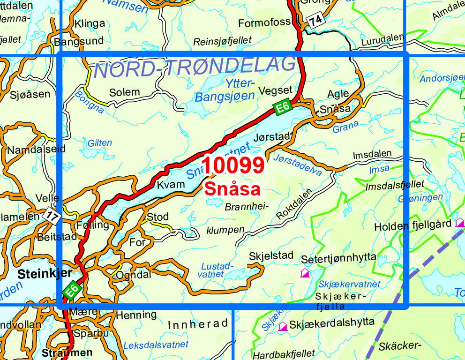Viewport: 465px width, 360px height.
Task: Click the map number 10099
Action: pyautogui.click(x=233, y=166)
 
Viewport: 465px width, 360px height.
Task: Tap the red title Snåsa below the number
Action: pyautogui.click(x=232, y=189)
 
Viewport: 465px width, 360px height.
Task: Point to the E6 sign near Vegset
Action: pyautogui.click(x=281, y=108)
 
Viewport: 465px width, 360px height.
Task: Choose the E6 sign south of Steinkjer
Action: pyautogui.click(x=72, y=291)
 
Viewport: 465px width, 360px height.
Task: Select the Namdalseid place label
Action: pyautogui.click(x=36, y=150)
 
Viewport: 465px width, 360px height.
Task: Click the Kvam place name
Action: pyautogui.click(x=171, y=184)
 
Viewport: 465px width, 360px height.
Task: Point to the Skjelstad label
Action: pyautogui.click(x=271, y=255)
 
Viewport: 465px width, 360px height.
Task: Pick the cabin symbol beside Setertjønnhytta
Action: pyautogui.click(x=305, y=272)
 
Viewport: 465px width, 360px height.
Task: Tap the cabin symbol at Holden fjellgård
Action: pyautogui.click(x=460, y=222)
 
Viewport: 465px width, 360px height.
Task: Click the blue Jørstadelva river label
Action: pyautogui.click(x=297, y=165)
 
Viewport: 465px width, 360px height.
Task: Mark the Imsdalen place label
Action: pyautogui.click(x=373, y=154)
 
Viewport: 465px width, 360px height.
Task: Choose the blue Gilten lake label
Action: pyautogui.click(x=100, y=143)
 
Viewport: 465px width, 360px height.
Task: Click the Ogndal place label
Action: pyautogui.click(x=134, y=275)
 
